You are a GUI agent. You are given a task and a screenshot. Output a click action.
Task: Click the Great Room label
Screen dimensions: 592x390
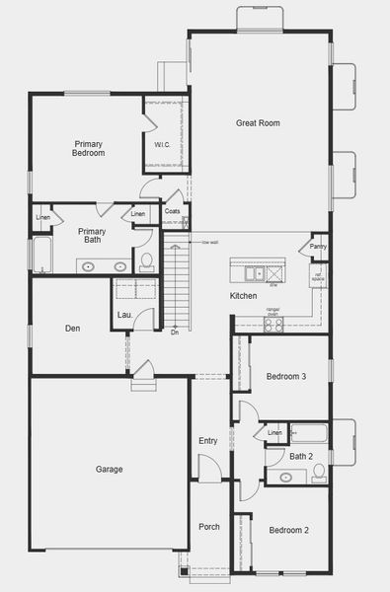click(258, 123)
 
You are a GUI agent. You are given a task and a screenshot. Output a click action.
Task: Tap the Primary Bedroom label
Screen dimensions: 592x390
click(88, 149)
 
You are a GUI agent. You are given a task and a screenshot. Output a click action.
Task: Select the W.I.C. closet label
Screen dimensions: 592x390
click(163, 145)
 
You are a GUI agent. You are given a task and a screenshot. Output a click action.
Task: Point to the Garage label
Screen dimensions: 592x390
click(109, 469)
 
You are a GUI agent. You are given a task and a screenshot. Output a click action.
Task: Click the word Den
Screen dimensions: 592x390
click(73, 329)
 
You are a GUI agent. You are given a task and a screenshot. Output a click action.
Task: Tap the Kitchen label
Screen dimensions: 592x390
click(243, 296)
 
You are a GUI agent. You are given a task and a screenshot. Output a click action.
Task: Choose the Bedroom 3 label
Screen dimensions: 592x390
click(285, 376)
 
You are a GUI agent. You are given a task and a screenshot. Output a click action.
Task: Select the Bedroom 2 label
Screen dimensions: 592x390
click(288, 530)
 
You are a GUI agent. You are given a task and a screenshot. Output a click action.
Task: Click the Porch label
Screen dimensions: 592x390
click(209, 526)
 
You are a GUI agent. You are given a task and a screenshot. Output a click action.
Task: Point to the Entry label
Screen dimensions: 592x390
click(207, 440)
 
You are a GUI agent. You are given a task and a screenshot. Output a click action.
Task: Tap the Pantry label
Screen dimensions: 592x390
click(318, 247)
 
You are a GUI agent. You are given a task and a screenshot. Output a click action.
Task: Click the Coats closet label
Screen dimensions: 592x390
click(172, 211)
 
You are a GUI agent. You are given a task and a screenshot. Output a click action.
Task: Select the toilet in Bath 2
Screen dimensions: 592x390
click(319, 475)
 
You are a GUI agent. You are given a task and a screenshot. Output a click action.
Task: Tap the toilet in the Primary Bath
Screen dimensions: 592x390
click(146, 261)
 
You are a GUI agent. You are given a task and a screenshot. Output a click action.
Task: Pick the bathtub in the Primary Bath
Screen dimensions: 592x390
click(42, 255)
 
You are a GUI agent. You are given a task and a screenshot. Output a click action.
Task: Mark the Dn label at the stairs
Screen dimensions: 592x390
click(174, 333)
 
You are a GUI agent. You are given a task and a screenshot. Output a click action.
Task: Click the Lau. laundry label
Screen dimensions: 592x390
click(125, 315)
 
